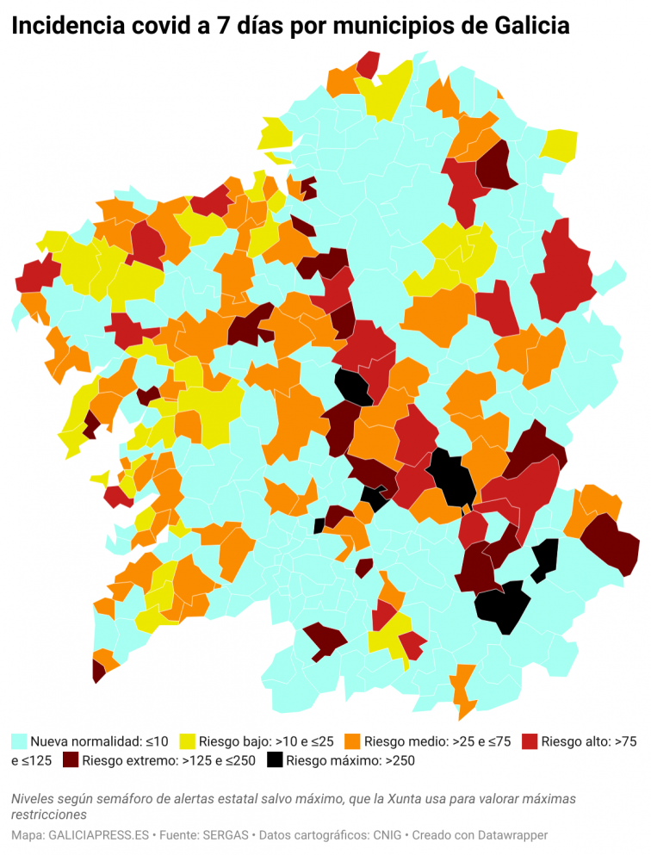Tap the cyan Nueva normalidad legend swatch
pyautogui.click(x=19, y=740)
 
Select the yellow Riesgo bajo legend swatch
pyautogui.click(x=187, y=740)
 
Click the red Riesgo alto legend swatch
pyautogui.click(x=530, y=740)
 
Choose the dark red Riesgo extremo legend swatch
pyautogui.click(x=70, y=760)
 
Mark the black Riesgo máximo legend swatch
pyautogui.click(x=275, y=760)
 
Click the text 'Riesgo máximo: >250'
pyautogui.click(x=350, y=760)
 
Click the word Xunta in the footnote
pyautogui.click(x=406, y=799)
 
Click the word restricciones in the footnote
pyautogui.click(x=50, y=814)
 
